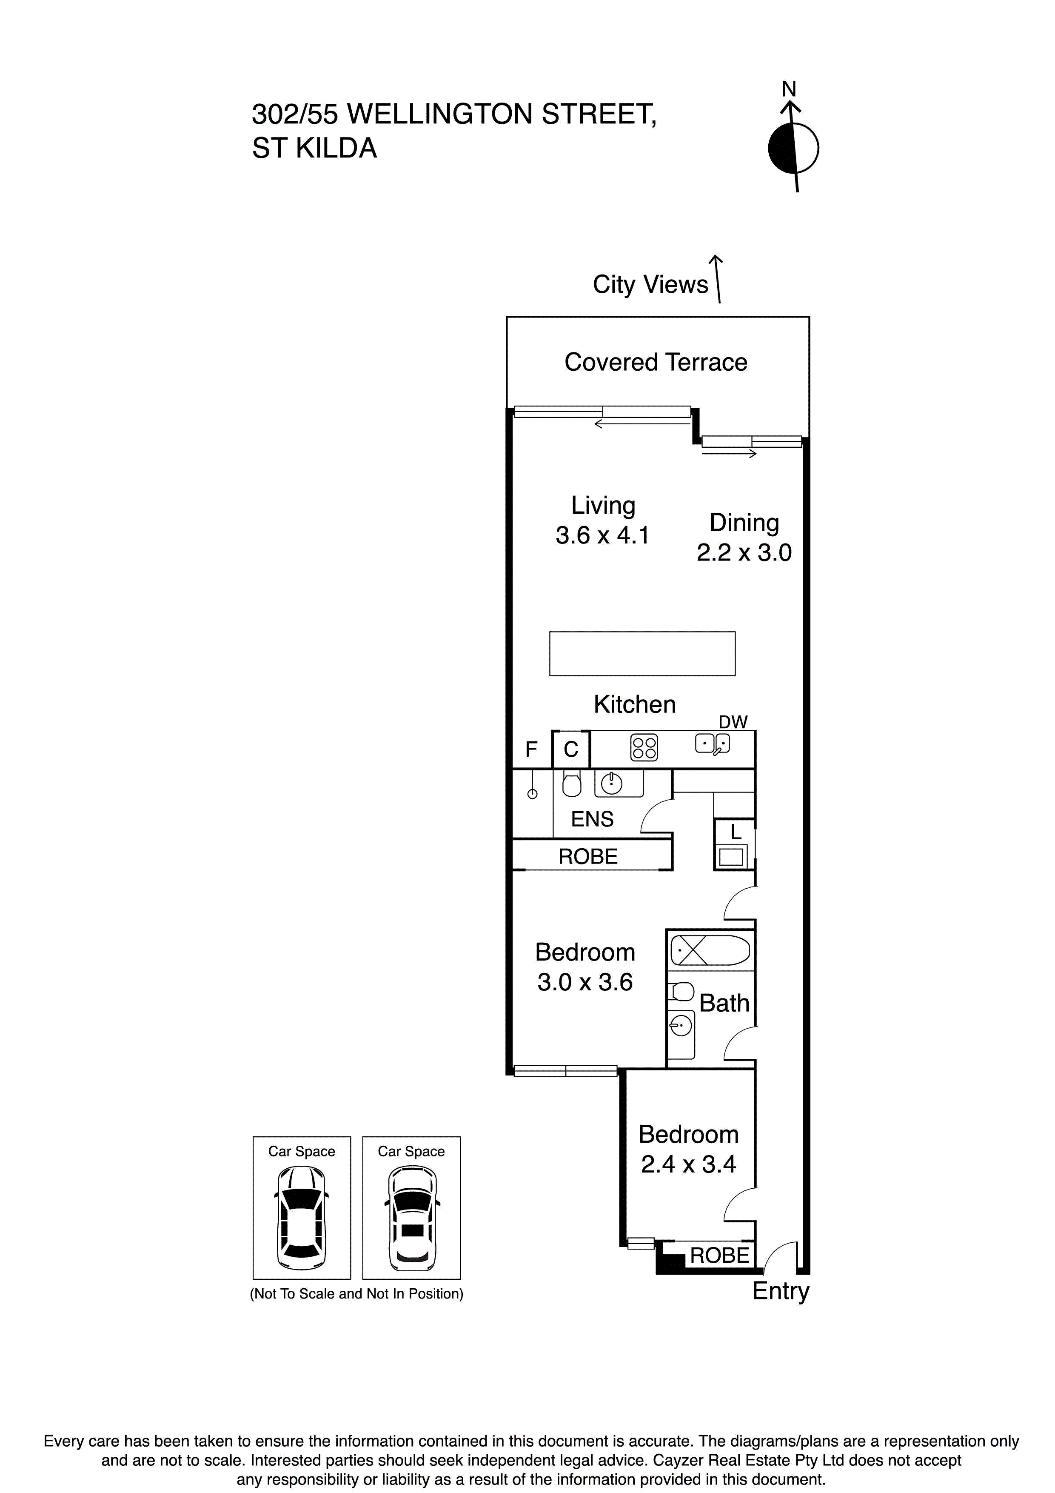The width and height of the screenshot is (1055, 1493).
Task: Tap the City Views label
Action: pos(650,285)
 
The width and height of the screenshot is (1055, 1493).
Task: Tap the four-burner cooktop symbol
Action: pos(644,748)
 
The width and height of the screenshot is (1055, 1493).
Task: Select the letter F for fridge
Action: pos(531,750)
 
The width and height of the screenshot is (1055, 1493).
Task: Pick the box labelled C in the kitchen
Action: pos(571,750)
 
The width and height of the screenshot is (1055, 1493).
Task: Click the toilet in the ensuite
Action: pos(571,786)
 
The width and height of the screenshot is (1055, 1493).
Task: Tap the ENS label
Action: pos(592,819)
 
